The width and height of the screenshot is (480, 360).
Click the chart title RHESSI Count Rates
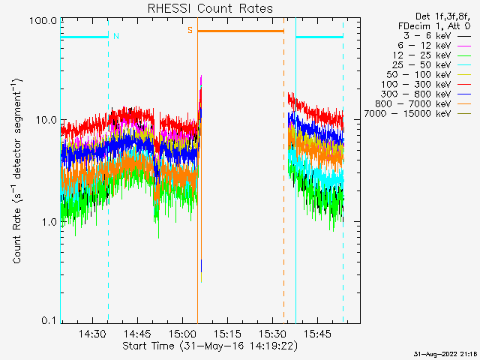coord(210,8)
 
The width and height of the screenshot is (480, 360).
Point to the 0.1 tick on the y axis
coord(49,321)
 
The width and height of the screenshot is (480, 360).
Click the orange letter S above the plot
coord(190,30)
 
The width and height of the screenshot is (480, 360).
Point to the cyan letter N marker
coord(115,35)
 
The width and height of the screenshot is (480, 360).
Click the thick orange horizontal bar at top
coord(240,31)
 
